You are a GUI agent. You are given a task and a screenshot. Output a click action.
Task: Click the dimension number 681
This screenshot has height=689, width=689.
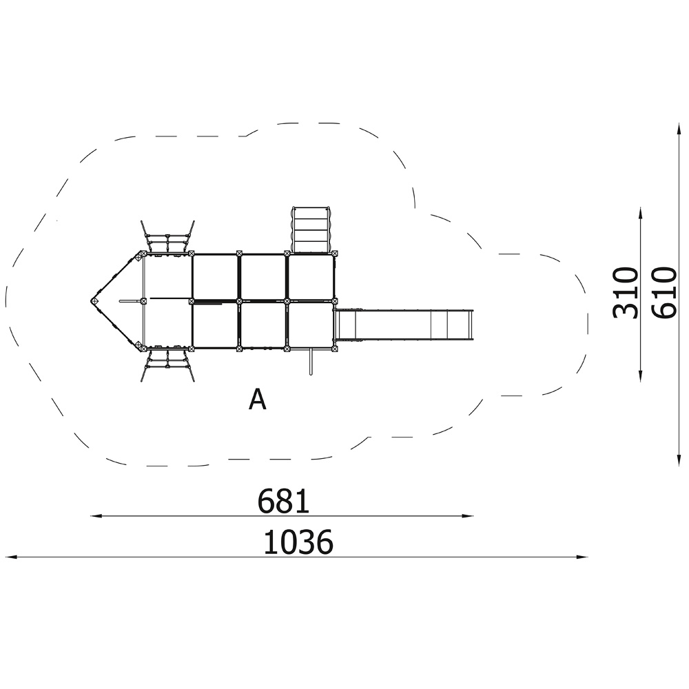(x=283, y=502)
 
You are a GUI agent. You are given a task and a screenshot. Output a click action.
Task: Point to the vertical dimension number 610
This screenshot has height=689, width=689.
(x=664, y=293)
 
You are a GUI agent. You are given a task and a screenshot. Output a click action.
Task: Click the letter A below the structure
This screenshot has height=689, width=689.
(x=257, y=400)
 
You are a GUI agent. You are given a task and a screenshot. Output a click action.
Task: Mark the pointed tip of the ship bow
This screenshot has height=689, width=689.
(x=93, y=302)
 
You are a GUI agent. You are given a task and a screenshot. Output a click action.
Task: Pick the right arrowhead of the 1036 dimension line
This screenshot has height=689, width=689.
(x=583, y=557)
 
